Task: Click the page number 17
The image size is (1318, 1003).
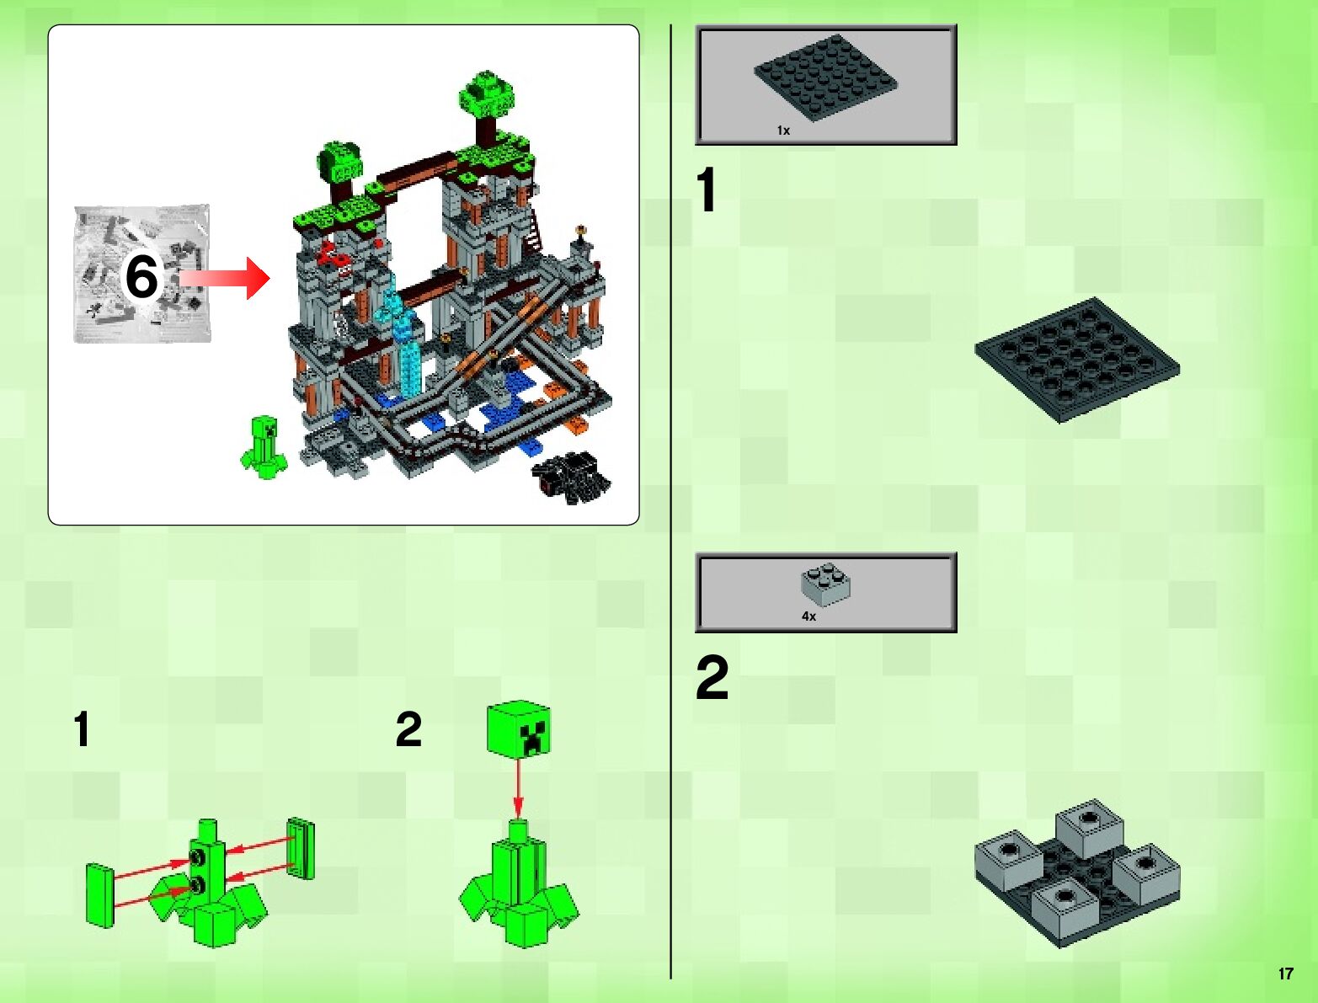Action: pos(1285,974)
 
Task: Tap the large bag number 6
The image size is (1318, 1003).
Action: pos(141,277)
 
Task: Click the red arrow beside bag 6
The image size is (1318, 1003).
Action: pos(224,278)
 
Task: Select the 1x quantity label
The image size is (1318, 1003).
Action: pos(783,131)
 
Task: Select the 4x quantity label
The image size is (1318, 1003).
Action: pos(808,616)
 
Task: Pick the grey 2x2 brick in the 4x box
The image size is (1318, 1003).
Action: pos(825,584)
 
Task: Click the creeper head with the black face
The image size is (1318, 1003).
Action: pos(519,728)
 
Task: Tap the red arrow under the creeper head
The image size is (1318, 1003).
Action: pos(519,787)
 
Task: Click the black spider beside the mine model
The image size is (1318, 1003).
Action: pos(570,478)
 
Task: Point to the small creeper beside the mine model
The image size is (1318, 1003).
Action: pos(263,448)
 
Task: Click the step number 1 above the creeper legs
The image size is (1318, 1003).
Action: pos(83,729)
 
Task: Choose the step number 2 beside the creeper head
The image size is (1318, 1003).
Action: pos(408,729)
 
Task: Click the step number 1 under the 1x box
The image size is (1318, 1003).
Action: pos(707,189)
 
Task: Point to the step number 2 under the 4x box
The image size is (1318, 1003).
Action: pos(712,677)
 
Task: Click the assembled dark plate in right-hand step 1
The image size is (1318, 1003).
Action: pos(1077,360)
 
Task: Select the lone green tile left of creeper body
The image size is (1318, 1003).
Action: pos(99,895)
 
